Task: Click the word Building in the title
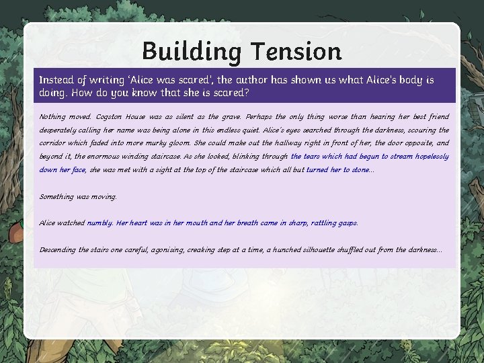click(192, 51)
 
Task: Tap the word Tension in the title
click(296, 51)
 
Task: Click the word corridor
click(55, 143)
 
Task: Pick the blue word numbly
click(100, 223)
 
